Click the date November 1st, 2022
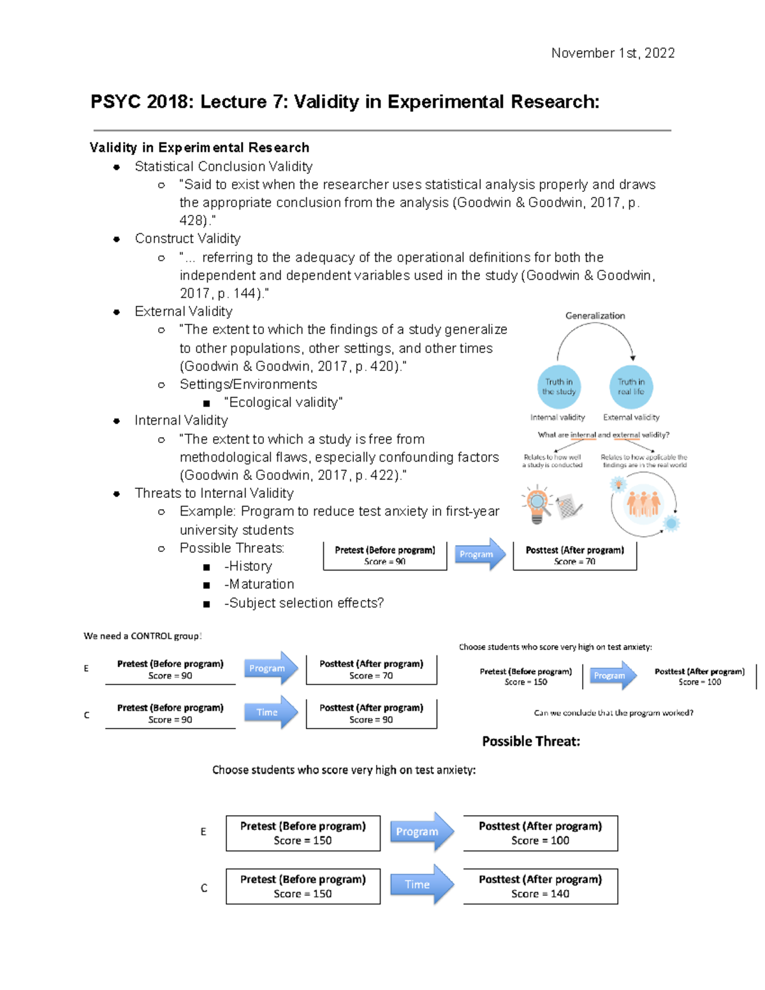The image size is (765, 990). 613,53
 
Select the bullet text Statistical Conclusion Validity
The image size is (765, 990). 223,166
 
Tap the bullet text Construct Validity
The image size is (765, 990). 187,238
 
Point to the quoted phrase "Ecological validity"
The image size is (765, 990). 283,402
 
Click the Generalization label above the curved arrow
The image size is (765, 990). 595,316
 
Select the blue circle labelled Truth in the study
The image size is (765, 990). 559,387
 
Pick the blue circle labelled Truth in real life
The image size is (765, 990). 630,387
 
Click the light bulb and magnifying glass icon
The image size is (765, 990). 537,503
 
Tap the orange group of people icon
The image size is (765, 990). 643,503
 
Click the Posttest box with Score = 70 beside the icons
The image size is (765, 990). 574,555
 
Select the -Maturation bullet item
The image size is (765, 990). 259,584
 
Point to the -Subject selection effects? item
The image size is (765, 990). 303,603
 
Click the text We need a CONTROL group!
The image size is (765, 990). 142,636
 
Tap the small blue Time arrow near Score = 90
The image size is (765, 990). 270,712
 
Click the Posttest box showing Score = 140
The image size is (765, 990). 540,886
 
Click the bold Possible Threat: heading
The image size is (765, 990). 530,741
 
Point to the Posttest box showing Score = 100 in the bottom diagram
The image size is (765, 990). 540,833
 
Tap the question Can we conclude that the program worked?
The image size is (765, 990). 613,713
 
